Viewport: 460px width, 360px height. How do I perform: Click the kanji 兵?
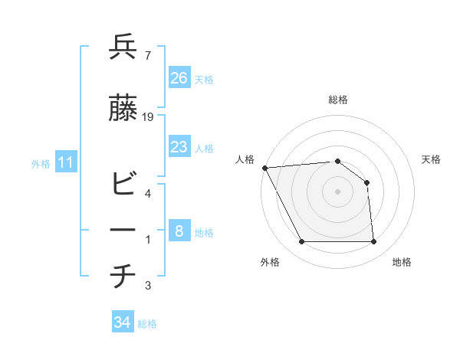[123, 47]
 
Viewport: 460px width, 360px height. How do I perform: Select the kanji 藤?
[123, 109]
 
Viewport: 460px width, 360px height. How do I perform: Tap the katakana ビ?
[123, 185]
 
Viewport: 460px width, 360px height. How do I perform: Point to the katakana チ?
[123, 277]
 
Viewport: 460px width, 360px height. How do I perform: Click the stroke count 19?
[148, 117]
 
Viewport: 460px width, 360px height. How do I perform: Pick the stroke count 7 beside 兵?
[147, 56]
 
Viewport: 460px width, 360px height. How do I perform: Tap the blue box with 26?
[179, 78]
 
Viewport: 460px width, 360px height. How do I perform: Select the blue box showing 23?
[179, 147]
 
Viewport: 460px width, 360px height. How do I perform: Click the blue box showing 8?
[179, 231]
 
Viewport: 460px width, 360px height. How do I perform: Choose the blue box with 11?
[66, 162]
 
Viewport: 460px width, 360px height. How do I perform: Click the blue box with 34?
[122, 323]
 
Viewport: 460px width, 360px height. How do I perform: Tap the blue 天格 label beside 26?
[204, 80]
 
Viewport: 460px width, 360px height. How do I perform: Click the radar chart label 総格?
[337, 100]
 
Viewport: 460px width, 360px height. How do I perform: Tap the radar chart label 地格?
[402, 262]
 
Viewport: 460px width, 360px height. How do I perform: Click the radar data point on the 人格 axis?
[264, 167]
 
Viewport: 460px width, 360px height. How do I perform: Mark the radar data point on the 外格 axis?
[301, 242]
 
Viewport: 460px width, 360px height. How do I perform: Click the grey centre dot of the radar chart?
[337, 191]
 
